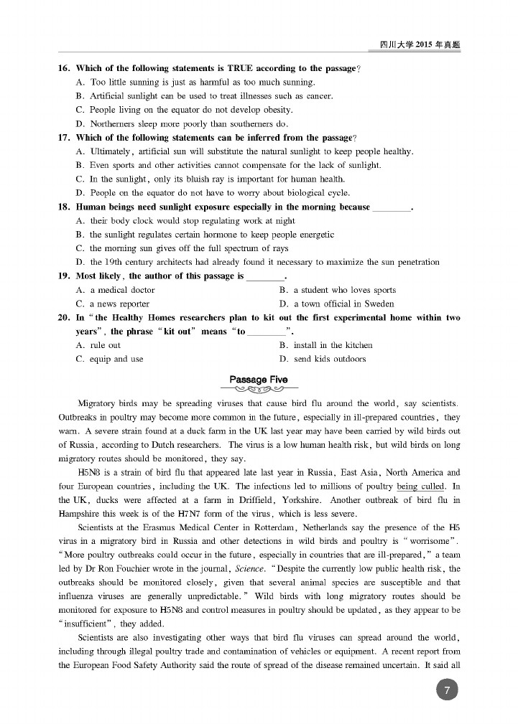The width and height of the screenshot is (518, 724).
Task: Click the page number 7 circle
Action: click(x=447, y=690)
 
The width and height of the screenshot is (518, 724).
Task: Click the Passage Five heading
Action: click(x=259, y=379)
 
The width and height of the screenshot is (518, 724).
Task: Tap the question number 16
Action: click(x=63, y=68)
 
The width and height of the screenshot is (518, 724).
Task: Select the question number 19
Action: click(x=63, y=276)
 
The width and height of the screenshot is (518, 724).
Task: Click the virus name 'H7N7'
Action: click(x=172, y=514)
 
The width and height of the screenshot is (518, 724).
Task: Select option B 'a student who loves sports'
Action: click(x=338, y=290)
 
